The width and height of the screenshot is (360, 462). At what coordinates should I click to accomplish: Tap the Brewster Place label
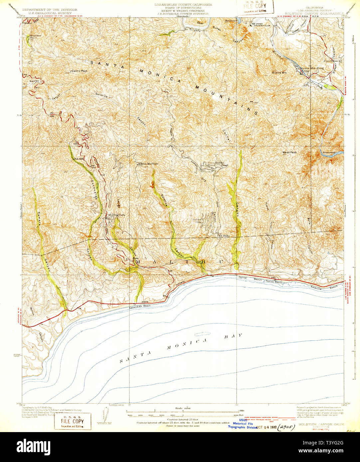35,37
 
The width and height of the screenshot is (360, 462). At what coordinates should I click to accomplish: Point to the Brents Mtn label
279,72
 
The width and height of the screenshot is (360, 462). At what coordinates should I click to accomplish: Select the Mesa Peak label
289,153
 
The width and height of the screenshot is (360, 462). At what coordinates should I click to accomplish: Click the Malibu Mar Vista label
146,164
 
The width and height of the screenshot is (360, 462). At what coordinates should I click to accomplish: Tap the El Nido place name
224,236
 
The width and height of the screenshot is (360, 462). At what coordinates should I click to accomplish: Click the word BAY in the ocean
233,336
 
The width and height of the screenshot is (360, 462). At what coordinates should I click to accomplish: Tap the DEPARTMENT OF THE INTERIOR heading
50,10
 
